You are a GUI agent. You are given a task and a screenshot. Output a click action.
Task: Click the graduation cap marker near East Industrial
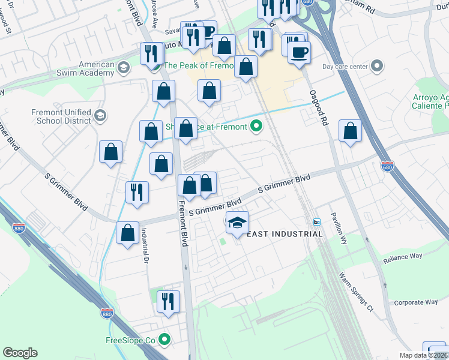(238, 222)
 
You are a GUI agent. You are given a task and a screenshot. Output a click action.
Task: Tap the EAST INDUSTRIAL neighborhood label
(285, 234)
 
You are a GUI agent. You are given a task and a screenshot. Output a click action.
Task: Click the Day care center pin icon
(377, 66)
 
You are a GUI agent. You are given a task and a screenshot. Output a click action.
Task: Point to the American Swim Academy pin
(124, 66)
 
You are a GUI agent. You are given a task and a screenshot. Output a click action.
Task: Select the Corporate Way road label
(415, 302)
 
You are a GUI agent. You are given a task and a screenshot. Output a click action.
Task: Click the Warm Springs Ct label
(356, 293)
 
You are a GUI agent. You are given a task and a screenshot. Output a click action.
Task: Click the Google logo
(20, 353)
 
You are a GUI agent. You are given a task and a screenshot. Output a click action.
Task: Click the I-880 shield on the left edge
(19, 227)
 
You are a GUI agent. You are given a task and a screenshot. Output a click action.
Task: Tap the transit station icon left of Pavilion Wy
(317, 221)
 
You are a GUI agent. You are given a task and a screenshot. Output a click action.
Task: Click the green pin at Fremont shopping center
(256, 126)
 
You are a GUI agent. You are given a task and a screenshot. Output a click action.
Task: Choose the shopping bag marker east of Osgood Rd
(350, 130)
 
